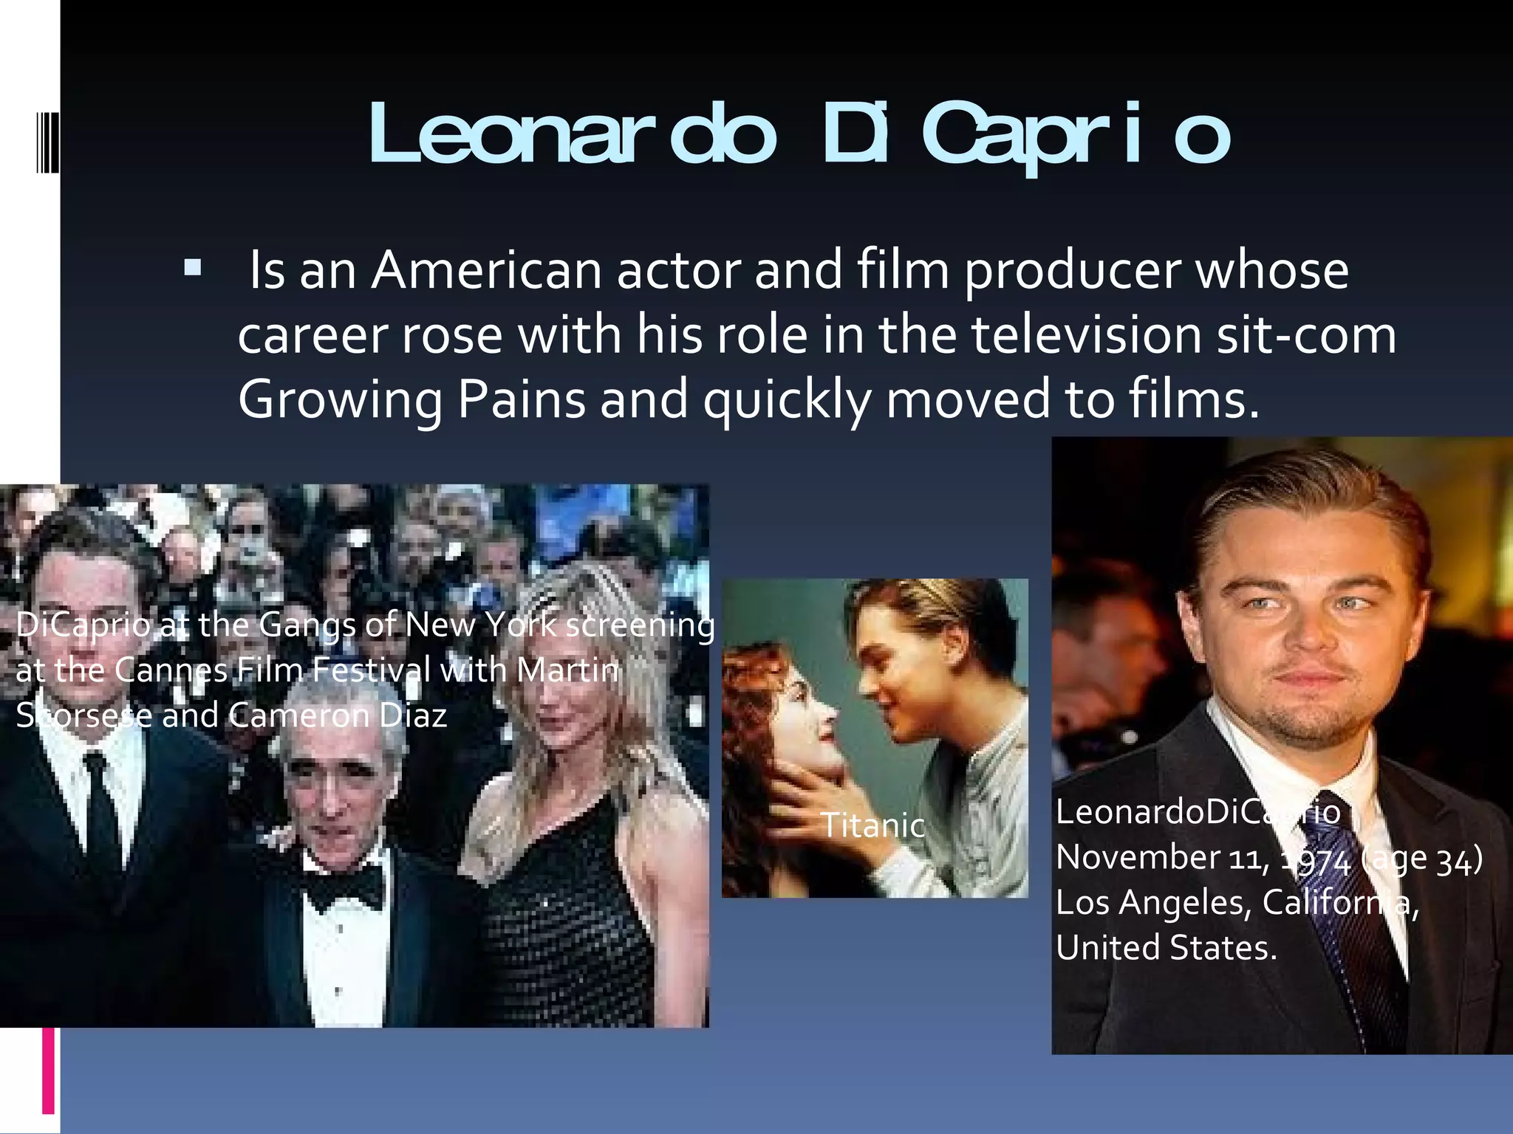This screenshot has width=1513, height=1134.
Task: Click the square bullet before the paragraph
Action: click(193, 267)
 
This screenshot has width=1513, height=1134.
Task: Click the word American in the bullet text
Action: click(486, 270)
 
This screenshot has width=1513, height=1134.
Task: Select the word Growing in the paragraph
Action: click(340, 399)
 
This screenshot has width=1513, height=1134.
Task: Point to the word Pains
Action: click(522, 399)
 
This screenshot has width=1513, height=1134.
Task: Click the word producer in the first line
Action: click(1072, 270)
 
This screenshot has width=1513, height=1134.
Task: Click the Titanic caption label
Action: click(873, 825)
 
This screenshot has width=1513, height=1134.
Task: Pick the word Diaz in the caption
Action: click(412, 715)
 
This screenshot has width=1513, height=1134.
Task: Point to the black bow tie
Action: click(346, 883)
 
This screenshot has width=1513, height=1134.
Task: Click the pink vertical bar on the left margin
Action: click(49, 1071)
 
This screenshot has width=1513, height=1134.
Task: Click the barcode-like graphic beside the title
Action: click(47, 141)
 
